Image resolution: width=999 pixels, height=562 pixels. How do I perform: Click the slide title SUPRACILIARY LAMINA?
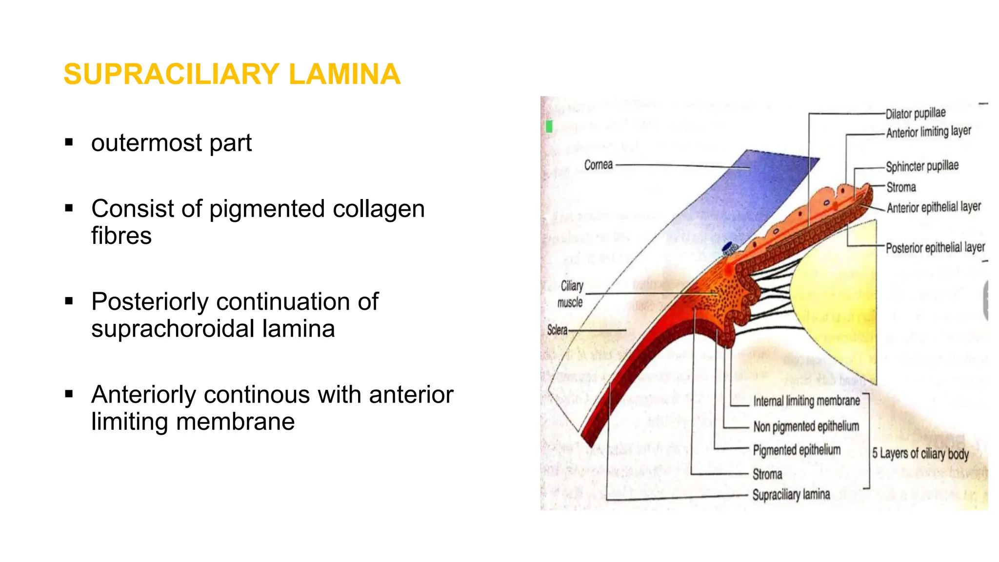(x=232, y=74)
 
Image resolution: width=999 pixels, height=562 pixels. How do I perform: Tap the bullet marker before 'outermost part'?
(x=69, y=142)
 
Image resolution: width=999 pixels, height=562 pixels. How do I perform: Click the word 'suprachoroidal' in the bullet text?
(x=172, y=329)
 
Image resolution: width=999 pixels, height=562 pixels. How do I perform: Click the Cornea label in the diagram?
(x=598, y=165)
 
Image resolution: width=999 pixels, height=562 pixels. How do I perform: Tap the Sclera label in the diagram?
(x=557, y=330)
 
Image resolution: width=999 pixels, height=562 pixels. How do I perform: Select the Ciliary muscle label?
(x=571, y=294)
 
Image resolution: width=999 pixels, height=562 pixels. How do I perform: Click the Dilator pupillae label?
(x=916, y=113)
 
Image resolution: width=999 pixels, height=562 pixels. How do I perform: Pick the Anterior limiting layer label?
(x=929, y=132)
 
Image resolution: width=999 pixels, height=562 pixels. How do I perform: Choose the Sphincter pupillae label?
(x=922, y=166)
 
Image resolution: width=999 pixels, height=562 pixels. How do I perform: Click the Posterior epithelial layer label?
(x=935, y=248)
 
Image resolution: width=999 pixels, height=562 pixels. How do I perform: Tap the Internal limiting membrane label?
(x=806, y=401)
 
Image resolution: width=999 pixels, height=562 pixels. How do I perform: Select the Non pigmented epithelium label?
(x=806, y=426)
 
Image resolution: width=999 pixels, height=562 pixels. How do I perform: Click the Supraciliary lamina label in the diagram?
(x=791, y=495)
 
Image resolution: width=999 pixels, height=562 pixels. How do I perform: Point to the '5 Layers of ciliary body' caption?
(x=920, y=454)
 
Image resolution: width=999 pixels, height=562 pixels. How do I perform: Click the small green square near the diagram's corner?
(x=549, y=127)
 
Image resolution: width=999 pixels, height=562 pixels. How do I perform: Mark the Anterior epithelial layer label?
(x=934, y=207)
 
